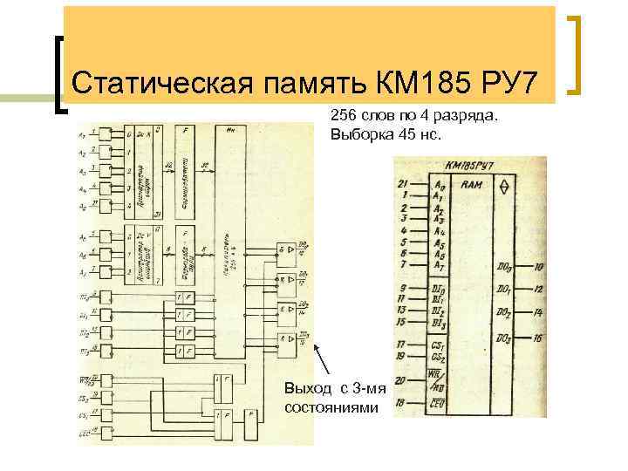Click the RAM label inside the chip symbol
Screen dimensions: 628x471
click(472, 185)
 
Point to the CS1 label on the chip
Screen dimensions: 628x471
click(439, 345)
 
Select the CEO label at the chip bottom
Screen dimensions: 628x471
click(440, 404)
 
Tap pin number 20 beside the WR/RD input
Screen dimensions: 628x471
click(401, 380)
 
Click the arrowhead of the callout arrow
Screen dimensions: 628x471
click(314, 347)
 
